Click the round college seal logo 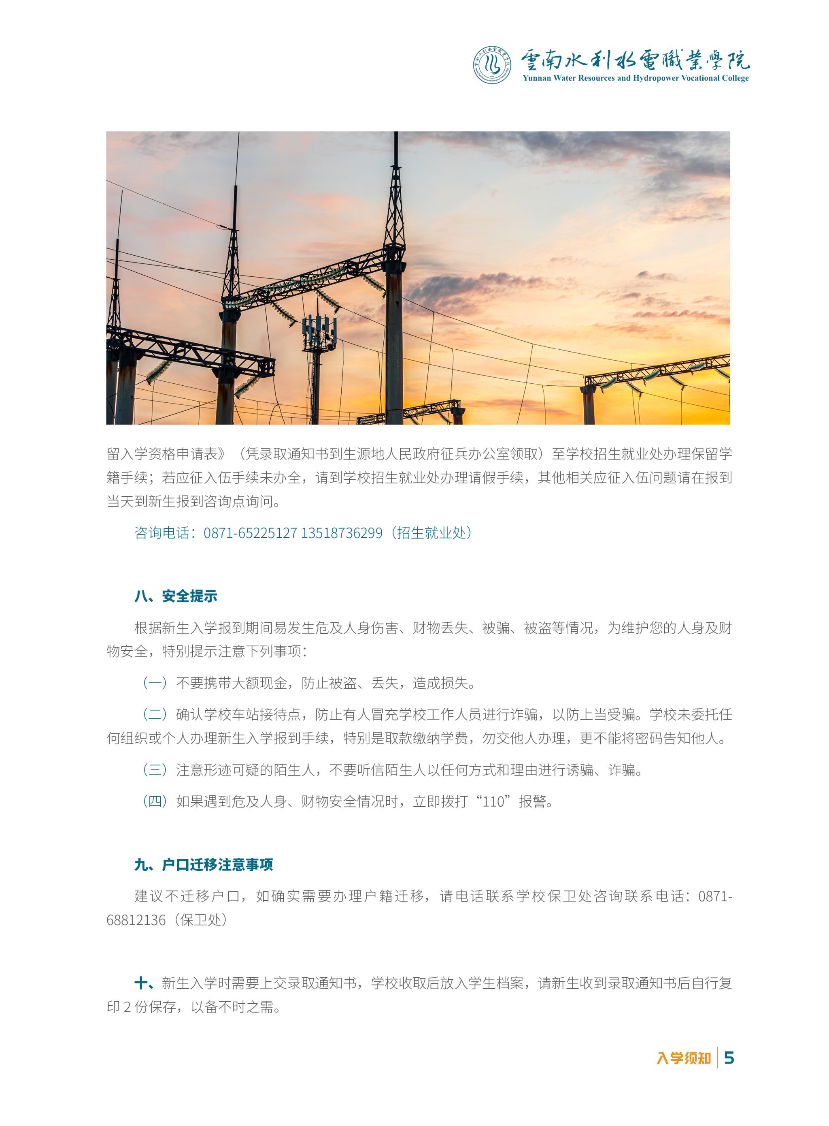coord(493,65)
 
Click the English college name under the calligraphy coord(635,78)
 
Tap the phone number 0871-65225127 coord(251,533)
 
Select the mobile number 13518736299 coord(342,533)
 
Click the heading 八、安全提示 coord(176,596)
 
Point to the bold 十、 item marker coord(145,983)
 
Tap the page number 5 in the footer coord(729,1058)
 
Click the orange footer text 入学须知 coord(683,1059)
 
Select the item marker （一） coord(155,683)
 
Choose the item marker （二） coord(155,714)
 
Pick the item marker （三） coord(155,770)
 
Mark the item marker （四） coord(155,801)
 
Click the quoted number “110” coord(493,801)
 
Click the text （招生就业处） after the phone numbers coord(431,533)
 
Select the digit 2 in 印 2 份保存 coord(127,1007)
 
